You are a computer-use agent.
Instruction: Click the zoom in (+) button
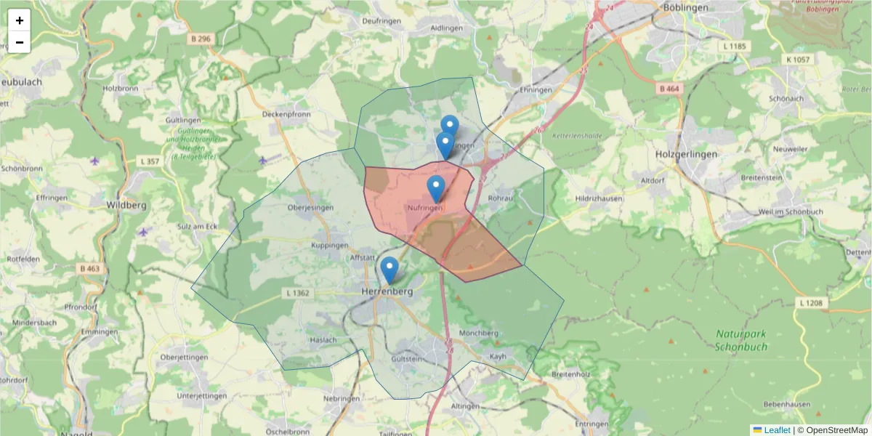(20, 20)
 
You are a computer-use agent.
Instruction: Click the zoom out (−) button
(20, 42)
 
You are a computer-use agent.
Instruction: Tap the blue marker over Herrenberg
(389, 270)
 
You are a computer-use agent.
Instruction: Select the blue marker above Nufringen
(436, 188)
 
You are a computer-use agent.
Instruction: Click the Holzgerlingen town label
(686, 154)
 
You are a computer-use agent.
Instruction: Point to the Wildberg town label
(126, 205)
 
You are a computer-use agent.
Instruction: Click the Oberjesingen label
(310, 207)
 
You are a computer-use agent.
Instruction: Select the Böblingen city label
(685, 7)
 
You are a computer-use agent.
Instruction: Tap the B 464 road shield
(669, 89)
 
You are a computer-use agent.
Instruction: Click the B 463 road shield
(91, 268)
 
